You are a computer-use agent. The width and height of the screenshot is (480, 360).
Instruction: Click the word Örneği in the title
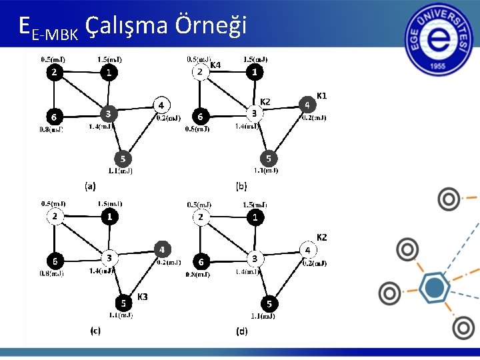point(211,25)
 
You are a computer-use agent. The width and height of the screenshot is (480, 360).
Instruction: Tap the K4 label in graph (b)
point(215,65)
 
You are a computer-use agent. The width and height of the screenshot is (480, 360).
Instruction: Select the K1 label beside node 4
point(321,96)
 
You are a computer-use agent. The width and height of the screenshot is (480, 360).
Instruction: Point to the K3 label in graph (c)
point(142,296)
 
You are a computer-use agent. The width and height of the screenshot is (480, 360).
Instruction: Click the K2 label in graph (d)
point(321,237)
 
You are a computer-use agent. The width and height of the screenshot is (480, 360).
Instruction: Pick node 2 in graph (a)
point(54,72)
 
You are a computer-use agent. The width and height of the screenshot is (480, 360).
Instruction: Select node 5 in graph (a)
point(122,159)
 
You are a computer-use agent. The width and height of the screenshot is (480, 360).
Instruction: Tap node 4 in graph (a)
point(161,105)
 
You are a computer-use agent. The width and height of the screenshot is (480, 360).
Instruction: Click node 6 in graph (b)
point(199,117)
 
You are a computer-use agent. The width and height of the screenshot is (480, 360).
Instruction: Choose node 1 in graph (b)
point(254,72)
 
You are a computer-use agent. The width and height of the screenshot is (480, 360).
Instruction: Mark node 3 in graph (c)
point(109,257)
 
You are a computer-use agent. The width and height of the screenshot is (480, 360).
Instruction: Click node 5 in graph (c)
point(123,302)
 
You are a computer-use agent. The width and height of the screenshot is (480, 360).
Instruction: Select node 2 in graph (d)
point(200,217)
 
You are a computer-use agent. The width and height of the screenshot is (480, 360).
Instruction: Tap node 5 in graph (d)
point(269,304)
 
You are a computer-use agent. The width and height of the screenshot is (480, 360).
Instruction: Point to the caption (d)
point(241,331)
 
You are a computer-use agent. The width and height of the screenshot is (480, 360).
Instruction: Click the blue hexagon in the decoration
point(434,288)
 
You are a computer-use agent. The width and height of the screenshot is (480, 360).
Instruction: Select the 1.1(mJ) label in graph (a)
point(120,171)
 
